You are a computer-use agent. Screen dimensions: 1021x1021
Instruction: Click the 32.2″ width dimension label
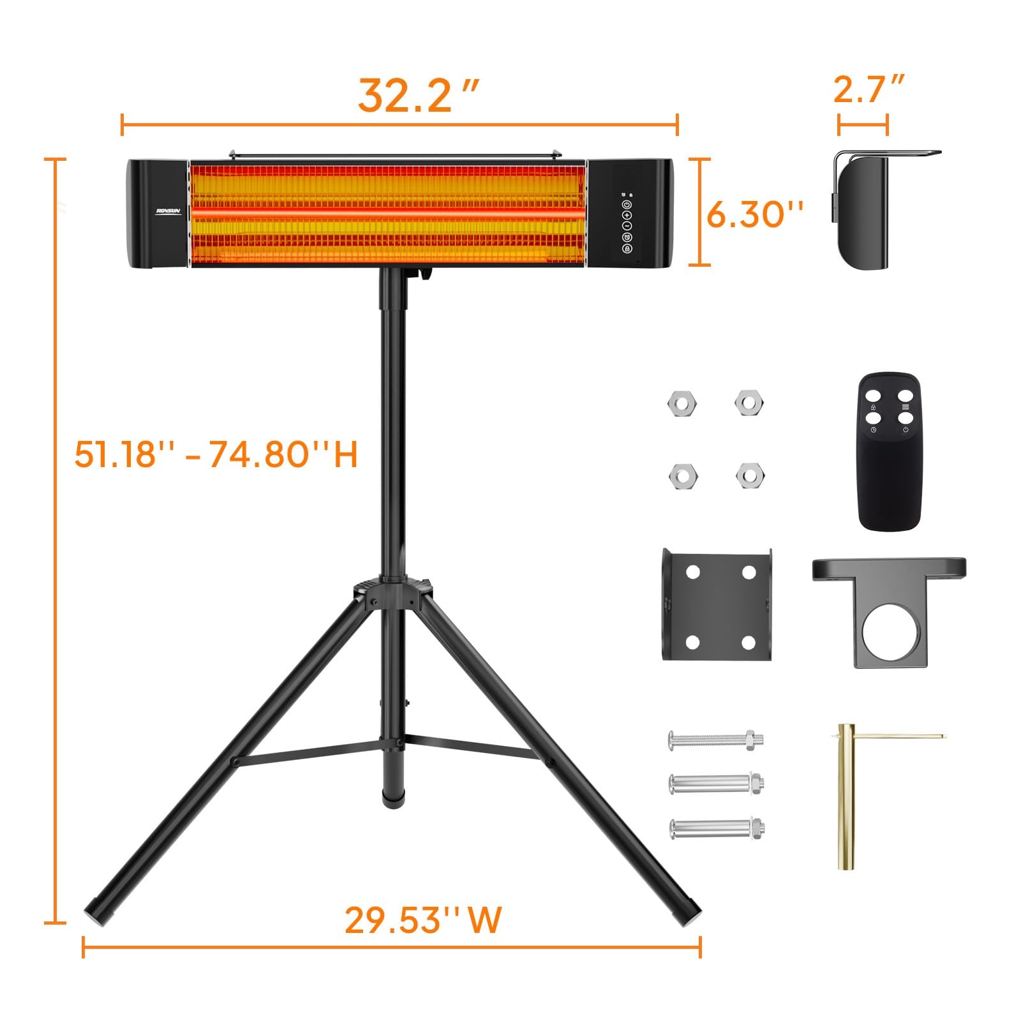[x=417, y=96]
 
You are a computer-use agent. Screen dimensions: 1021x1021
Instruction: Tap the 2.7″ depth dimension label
[x=868, y=90]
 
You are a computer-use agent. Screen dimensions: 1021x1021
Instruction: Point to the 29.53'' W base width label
[x=423, y=920]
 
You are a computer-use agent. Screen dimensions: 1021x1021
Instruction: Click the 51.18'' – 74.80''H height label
[x=216, y=455]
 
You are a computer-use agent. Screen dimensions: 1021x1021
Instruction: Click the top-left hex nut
[x=682, y=403]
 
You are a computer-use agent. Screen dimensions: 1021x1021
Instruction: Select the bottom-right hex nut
[x=750, y=475]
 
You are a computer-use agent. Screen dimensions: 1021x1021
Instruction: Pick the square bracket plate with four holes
[x=717, y=603]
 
